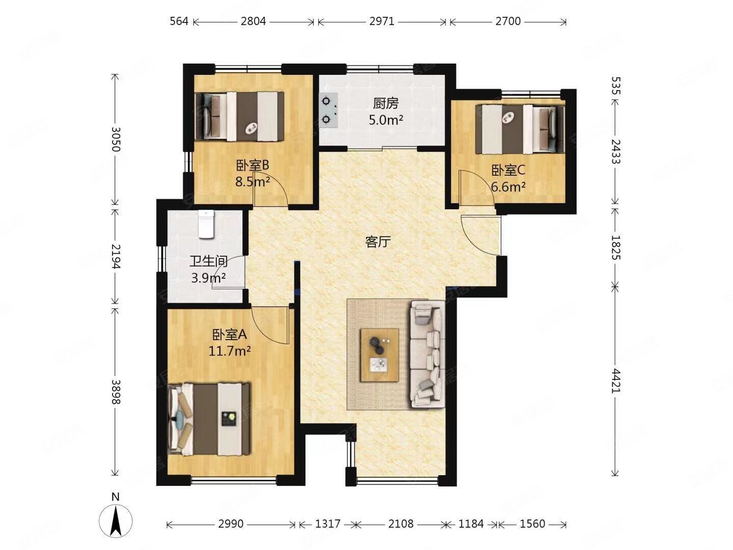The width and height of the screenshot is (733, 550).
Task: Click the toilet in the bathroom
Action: (x=206, y=224)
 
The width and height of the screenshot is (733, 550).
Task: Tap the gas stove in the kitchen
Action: (x=328, y=110)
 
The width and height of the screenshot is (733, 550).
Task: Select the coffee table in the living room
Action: (x=380, y=354)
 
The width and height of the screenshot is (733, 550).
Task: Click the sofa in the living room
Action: (x=428, y=354)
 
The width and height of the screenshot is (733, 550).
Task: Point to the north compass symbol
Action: (x=116, y=520)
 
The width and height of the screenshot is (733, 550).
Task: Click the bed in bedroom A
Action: (x=209, y=419)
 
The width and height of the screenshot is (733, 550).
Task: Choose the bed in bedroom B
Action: (x=239, y=116)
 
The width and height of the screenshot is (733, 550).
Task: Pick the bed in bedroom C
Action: (x=520, y=129)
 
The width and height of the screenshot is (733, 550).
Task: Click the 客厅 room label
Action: (x=378, y=241)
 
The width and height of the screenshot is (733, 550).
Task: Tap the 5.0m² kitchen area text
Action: (x=386, y=120)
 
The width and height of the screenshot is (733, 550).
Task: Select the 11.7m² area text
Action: (x=230, y=351)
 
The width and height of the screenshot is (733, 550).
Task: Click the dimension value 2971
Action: (x=382, y=21)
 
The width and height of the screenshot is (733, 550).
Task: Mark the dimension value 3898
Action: (x=116, y=392)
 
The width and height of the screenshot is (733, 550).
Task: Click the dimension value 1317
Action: (x=328, y=524)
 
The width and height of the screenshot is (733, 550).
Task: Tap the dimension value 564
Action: (x=179, y=21)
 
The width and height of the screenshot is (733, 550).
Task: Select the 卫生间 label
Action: (x=208, y=261)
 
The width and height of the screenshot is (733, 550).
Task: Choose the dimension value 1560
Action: (x=532, y=524)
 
